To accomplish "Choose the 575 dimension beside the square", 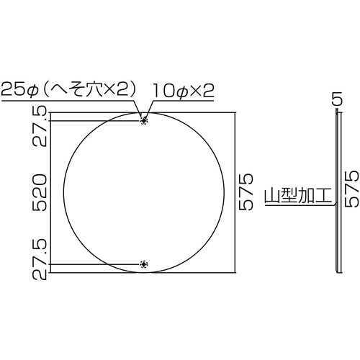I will [x=246, y=192].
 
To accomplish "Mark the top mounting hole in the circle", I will [x=144, y=120].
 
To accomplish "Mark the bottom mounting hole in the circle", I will [x=144, y=264].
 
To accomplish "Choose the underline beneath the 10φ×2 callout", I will [x=184, y=99].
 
